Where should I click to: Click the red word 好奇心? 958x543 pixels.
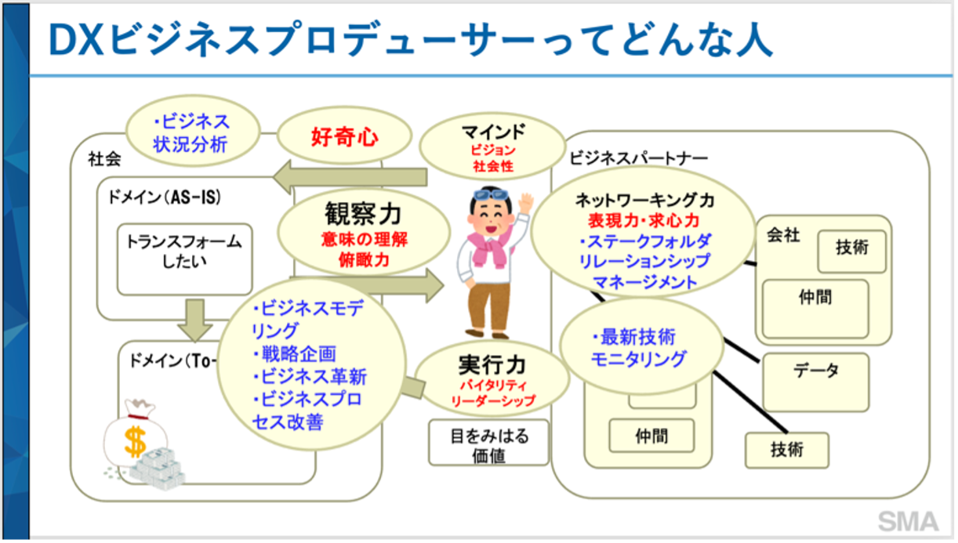(344, 139)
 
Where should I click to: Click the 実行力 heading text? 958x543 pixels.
(492, 364)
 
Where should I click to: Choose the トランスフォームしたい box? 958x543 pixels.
(184, 252)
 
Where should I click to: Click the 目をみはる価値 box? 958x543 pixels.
(488, 444)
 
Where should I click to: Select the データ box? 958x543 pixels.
(815, 371)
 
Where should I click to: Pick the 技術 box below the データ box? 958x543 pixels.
(786, 450)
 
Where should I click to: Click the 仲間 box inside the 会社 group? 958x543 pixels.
(815, 298)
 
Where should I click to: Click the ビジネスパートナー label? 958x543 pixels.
(638, 158)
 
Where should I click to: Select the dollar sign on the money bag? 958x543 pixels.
(135, 440)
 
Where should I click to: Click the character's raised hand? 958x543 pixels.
(524, 202)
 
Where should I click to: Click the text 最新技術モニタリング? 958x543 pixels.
(639, 349)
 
